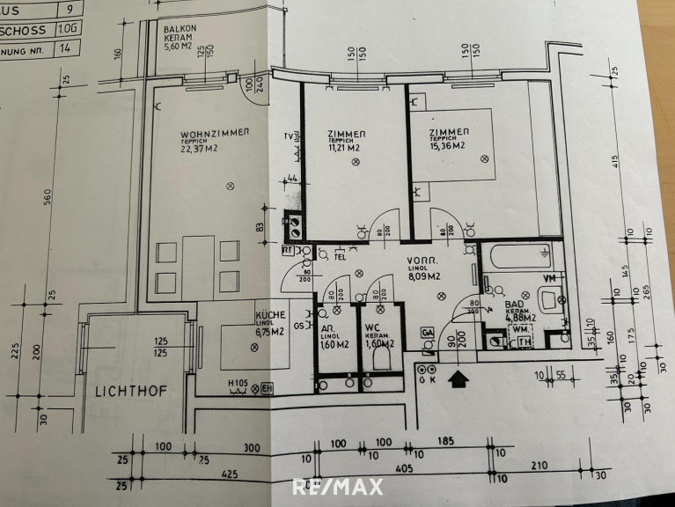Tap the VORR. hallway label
pyautogui.click(x=421, y=263)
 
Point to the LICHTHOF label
pyautogui.click(x=126, y=387)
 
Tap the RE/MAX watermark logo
pyautogui.click(x=337, y=487)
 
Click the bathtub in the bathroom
pyautogui.click(x=519, y=261)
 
